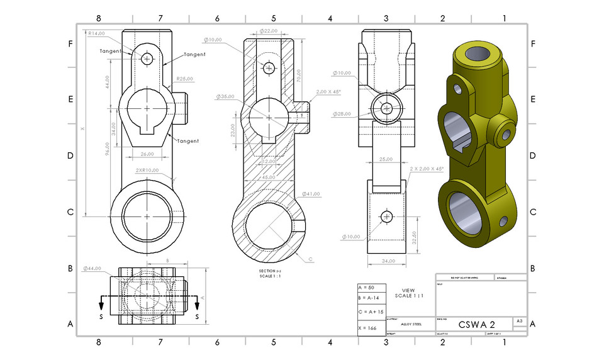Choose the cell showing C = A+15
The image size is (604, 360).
pos(369,312)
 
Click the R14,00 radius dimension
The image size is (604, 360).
pos(96,33)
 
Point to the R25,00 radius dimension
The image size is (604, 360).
pos(184,79)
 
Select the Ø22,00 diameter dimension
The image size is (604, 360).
pos(269,31)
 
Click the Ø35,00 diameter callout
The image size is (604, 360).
pos(225,97)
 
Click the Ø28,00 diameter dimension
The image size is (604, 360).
pos(343,114)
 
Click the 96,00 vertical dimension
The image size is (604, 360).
pos(108,149)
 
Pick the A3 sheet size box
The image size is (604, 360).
pos(519,321)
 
